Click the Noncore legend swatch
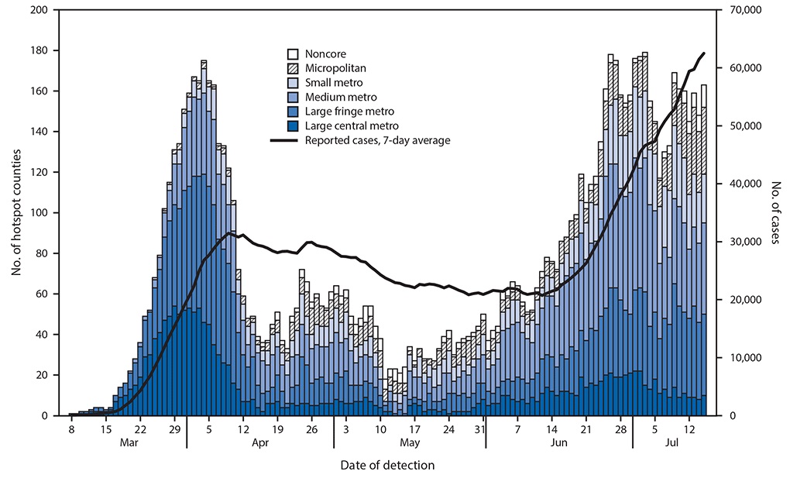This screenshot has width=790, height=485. point(294,54)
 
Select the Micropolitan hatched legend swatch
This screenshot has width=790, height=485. point(294,68)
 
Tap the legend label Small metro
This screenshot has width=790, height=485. point(333,83)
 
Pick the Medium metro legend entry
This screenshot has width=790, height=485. point(341,98)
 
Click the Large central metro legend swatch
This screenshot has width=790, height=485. point(294,126)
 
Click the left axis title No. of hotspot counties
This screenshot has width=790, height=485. point(15,213)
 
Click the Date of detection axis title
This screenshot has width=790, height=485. point(387,465)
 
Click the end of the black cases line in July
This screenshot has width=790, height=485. point(703,53)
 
